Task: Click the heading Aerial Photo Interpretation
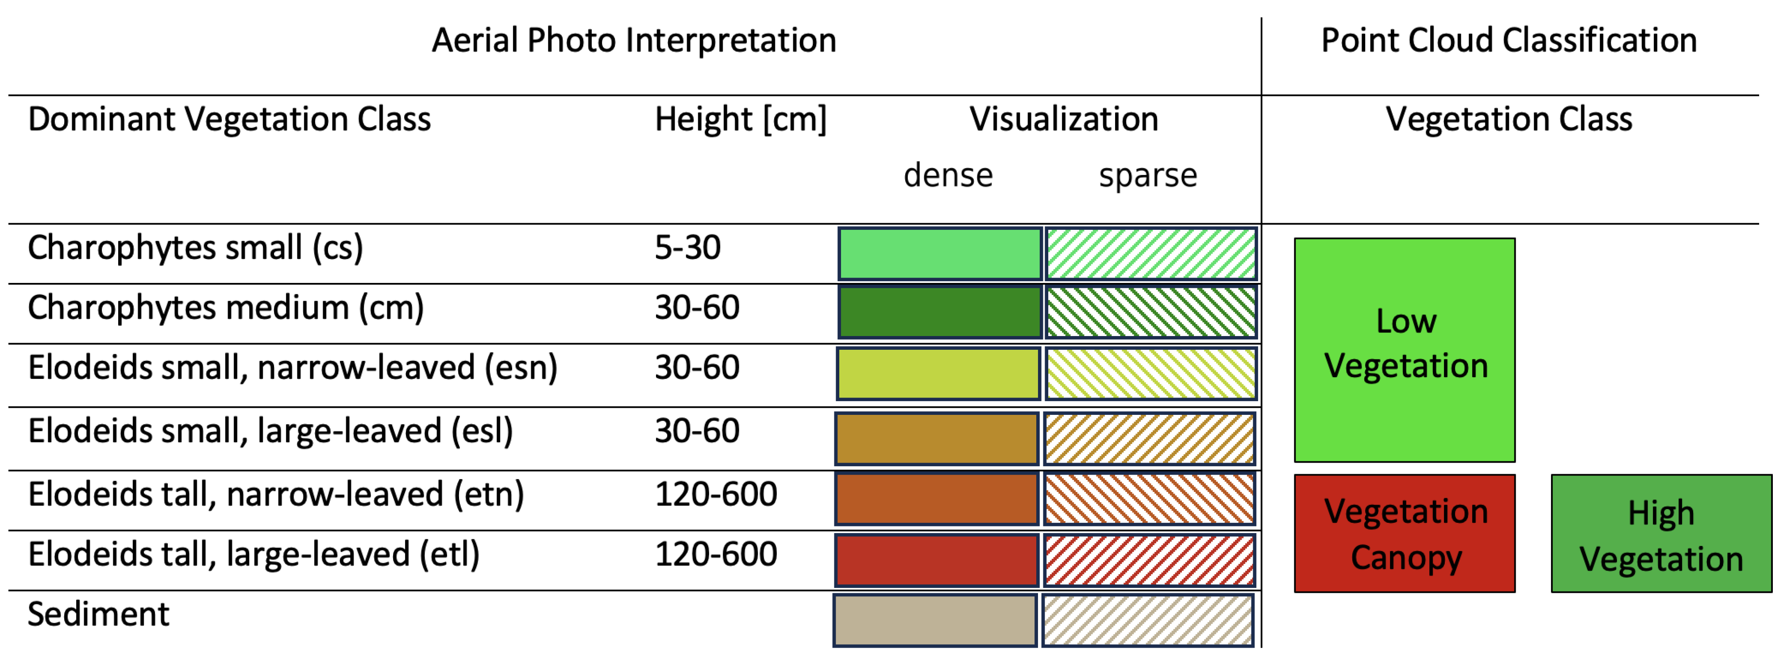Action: pos(633,40)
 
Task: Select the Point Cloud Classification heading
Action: pos(1508,40)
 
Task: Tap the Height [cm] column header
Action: pos(740,119)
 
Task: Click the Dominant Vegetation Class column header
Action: pos(229,119)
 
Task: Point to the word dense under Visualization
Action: pos(948,175)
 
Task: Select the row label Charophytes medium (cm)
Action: pos(225,307)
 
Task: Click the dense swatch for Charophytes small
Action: pos(939,254)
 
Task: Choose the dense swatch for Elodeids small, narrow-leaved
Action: pos(938,374)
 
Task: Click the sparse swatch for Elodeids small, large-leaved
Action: pos(1150,438)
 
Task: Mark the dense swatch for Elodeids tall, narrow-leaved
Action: pos(937,499)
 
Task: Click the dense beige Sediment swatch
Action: pos(935,620)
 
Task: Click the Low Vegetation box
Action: pos(1404,350)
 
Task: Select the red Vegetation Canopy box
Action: pos(1404,533)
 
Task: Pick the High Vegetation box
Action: pos(1661,533)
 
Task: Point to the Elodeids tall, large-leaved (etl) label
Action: pos(253,555)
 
